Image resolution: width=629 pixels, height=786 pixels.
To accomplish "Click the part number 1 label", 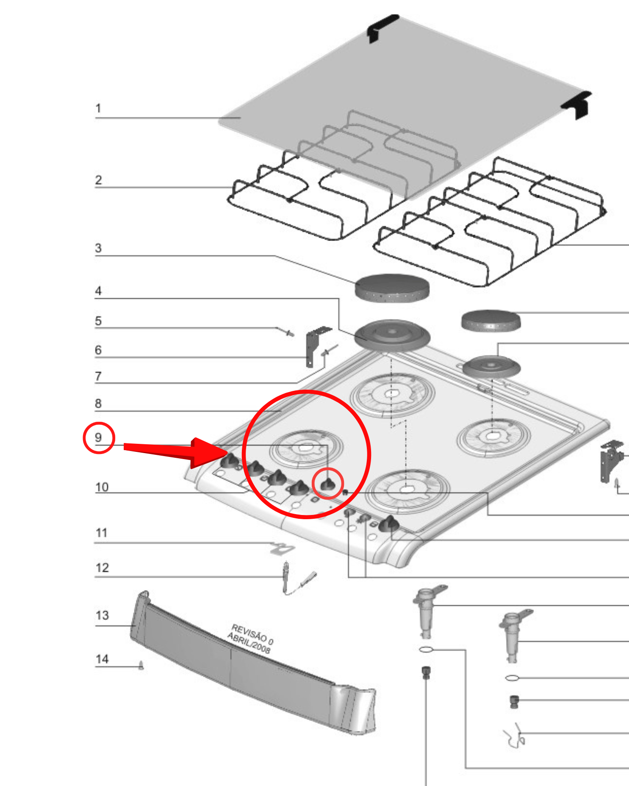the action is [x=98, y=108].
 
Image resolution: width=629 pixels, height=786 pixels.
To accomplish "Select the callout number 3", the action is [x=98, y=248].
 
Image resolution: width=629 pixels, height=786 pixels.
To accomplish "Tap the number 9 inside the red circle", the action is [x=98, y=437].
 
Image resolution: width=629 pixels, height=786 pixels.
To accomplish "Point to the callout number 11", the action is [x=102, y=533].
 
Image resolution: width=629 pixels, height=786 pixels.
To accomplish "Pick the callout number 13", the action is [x=102, y=615].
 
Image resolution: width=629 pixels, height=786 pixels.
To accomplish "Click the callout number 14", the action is [x=102, y=659].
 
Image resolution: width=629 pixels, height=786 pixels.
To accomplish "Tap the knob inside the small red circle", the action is [x=327, y=484].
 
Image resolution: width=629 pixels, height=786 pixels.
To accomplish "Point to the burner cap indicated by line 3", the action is [x=392, y=288].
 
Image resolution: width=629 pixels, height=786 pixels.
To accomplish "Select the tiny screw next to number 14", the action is [x=141, y=665].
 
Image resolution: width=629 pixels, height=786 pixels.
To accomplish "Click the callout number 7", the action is [x=98, y=376].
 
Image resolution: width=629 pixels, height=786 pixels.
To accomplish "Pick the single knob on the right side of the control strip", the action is [x=388, y=524].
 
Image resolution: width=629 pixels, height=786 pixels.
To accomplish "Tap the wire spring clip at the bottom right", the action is [x=515, y=736].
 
